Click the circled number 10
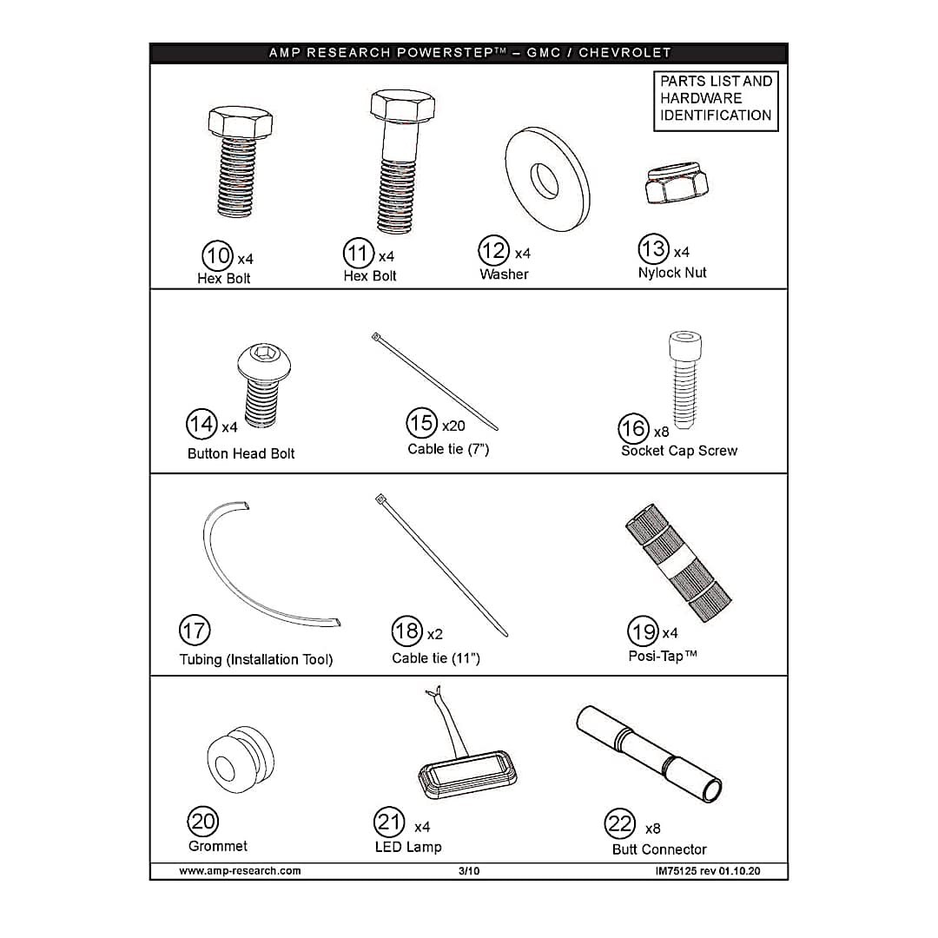217,256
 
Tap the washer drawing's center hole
544,180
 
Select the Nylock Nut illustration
677,183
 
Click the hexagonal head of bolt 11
402,105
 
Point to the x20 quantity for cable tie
453,426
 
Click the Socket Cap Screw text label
679,451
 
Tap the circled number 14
201,424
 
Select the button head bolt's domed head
264,361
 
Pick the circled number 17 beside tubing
195,631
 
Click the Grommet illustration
241,760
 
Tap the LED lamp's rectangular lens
466,775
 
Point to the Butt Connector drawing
649,754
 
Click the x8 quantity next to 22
652,829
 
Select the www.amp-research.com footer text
240,871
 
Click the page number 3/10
469,871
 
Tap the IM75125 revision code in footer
708,871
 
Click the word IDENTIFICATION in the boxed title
716,116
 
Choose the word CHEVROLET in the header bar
624,53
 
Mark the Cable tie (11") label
436,658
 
